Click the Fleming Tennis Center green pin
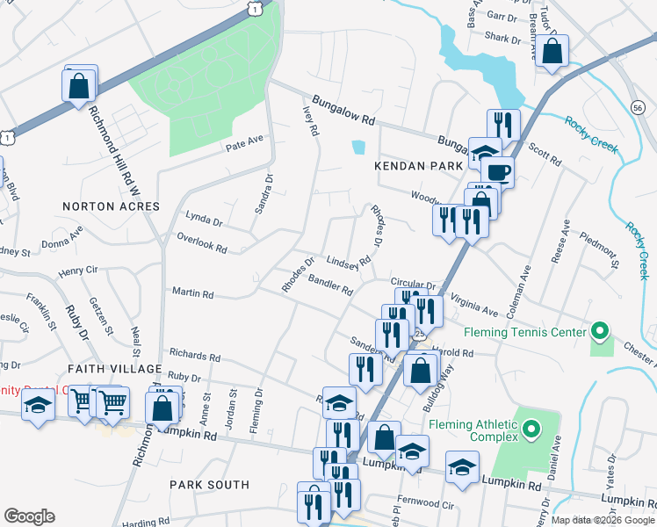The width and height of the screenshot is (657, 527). tap(600, 332)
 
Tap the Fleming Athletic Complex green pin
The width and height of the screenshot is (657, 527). tap(531, 430)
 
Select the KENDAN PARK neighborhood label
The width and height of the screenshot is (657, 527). tap(423, 166)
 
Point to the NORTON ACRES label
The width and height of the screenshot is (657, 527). tap(112, 206)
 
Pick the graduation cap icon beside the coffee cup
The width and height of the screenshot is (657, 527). tap(484, 153)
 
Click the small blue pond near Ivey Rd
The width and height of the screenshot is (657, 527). tap(357, 148)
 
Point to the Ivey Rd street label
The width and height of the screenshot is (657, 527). tap(309, 122)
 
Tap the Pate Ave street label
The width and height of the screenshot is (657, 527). tap(244, 141)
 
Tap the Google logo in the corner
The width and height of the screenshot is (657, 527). tap(29, 516)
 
